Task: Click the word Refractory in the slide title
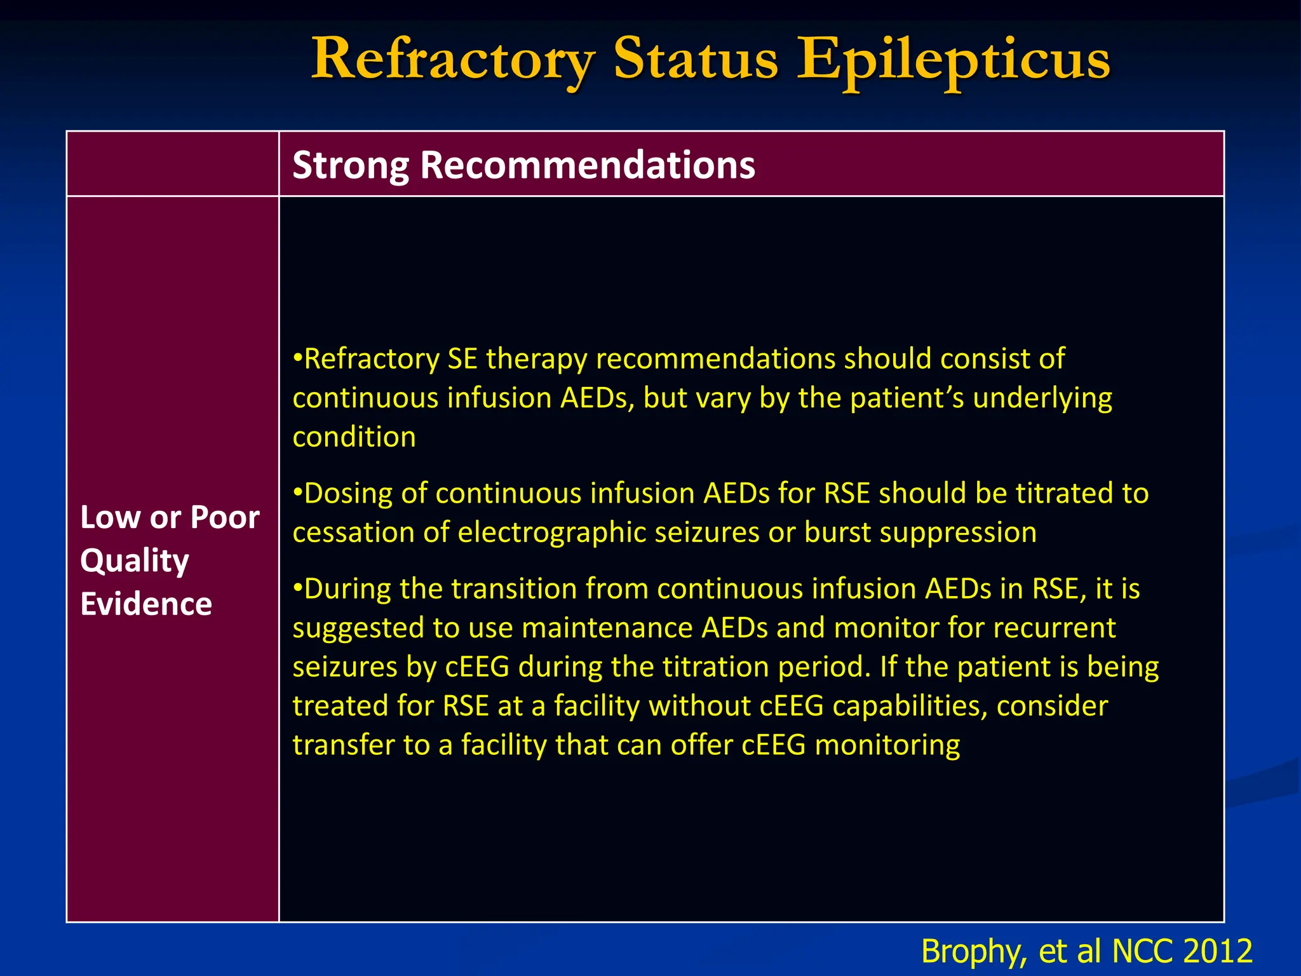click(452, 60)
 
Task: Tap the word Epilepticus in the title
click(953, 60)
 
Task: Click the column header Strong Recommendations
click(523, 165)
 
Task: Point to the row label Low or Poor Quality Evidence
click(170, 560)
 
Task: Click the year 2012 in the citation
click(1217, 951)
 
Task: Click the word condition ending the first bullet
click(354, 437)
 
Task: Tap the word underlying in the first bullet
click(1042, 398)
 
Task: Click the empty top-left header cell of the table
click(172, 164)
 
